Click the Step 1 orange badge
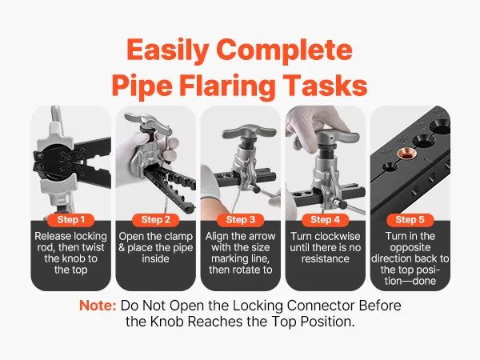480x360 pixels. click(x=71, y=220)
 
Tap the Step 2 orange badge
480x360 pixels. click(x=156, y=220)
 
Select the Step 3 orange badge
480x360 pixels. click(x=241, y=220)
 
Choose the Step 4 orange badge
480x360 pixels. click(x=326, y=220)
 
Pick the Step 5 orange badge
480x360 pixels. click(x=410, y=220)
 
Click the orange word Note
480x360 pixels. click(x=98, y=306)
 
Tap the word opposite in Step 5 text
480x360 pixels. click(x=410, y=248)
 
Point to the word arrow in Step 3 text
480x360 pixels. click(x=261, y=237)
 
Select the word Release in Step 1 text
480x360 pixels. click(x=50, y=236)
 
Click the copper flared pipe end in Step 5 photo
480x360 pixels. click(x=406, y=154)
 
